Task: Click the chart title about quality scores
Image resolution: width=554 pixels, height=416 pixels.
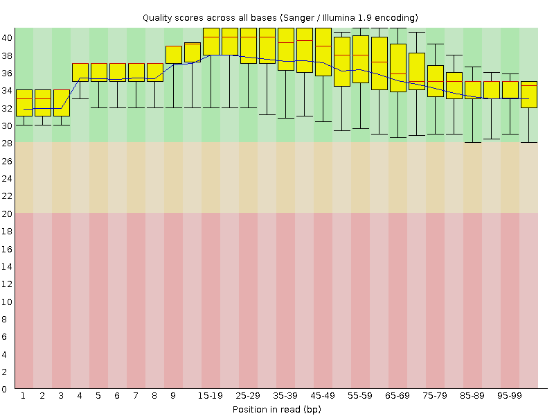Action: (x=280, y=17)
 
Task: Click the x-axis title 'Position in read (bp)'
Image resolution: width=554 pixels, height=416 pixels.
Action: (x=276, y=409)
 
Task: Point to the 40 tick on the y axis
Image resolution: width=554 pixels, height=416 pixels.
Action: (x=7, y=37)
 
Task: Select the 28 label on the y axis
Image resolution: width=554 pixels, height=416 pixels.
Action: (x=7, y=144)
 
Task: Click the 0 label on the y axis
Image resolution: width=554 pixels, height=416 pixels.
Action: (x=4, y=390)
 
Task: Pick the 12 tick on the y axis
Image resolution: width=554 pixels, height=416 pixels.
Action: (x=7, y=284)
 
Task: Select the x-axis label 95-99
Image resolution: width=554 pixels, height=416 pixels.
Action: (x=510, y=395)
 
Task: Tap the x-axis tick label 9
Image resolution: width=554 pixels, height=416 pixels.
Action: (x=173, y=395)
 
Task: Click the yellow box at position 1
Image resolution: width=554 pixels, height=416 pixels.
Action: (x=24, y=103)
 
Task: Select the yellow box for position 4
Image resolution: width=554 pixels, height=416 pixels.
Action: (x=80, y=72)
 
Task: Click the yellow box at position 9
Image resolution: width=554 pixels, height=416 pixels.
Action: (x=174, y=55)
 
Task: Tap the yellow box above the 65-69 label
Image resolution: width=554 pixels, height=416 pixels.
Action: (x=398, y=67)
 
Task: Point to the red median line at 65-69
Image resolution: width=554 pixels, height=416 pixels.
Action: (x=398, y=73)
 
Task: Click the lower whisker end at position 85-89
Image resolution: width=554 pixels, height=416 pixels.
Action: (x=473, y=142)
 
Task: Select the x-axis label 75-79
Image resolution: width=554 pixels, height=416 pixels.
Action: (x=436, y=395)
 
